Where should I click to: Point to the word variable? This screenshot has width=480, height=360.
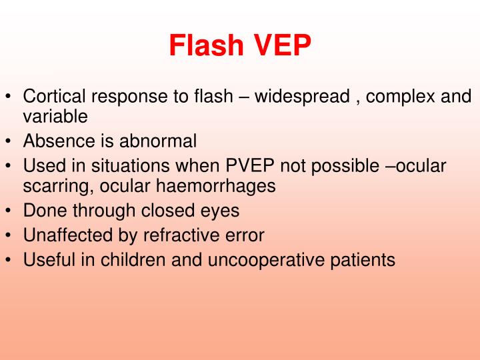coord(55,117)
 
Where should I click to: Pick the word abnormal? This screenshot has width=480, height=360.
coord(159,141)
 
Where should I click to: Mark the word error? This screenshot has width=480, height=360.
coord(245,235)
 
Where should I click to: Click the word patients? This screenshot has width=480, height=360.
coord(362,259)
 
